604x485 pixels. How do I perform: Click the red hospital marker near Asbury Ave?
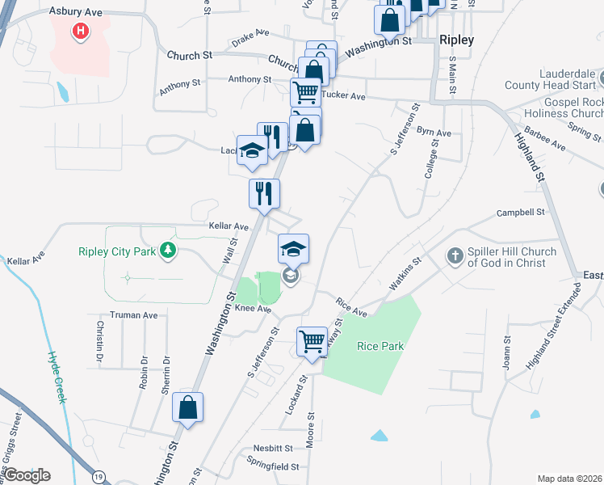[81, 32]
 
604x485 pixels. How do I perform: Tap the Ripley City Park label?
[116, 251]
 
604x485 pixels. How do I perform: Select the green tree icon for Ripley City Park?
[167, 251]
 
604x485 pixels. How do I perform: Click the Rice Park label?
[380, 346]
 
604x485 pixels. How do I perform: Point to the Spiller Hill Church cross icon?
[455, 256]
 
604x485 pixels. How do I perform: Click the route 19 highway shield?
[99, 476]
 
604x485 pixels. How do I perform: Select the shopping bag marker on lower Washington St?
[187, 409]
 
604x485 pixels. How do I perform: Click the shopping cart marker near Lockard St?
[312, 341]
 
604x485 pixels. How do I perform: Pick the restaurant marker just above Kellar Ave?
[264, 194]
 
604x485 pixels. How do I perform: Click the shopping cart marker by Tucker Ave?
[306, 92]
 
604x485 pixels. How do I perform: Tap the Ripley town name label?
[456, 40]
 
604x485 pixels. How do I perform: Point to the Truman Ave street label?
[134, 315]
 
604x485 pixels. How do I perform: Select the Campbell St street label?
[522, 213]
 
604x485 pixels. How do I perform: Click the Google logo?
[27, 475]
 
